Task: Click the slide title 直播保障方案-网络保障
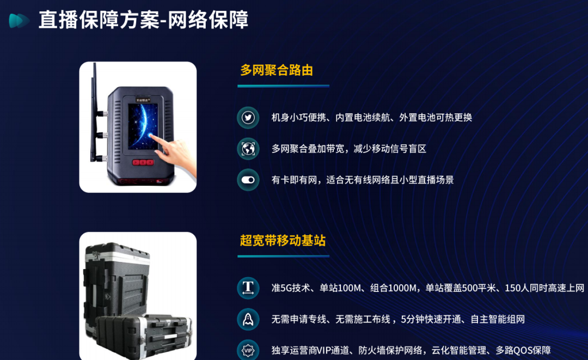(143, 20)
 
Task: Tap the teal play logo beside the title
(19, 21)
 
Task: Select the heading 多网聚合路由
(277, 70)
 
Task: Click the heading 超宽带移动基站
(283, 240)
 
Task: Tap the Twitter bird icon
(248, 118)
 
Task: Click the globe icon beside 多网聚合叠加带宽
(248, 149)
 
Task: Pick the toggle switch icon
(248, 180)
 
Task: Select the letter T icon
(248, 288)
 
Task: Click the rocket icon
(248, 319)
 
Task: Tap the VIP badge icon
(248, 350)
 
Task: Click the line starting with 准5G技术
(428, 288)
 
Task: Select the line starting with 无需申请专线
(398, 319)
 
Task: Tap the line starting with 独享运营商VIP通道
(411, 350)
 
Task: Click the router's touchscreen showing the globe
(143, 125)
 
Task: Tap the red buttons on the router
(143, 162)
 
